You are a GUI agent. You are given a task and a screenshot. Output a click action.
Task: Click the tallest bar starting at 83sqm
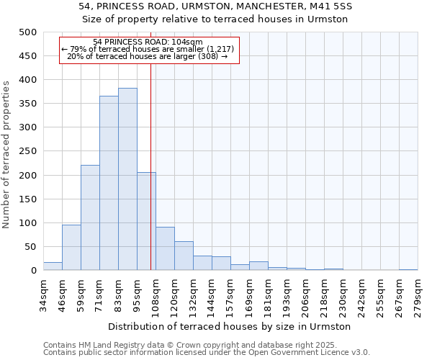[x=127, y=179]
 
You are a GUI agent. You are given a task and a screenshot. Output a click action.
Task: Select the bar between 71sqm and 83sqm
[x=109, y=183]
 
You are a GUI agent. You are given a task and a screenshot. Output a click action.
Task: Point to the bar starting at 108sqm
[x=165, y=249]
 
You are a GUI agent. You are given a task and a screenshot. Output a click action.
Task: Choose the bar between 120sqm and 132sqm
[x=184, y=256]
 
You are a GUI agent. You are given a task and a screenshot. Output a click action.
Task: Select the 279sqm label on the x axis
[x=418, y=296]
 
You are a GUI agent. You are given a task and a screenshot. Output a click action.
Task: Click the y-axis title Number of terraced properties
[x=6, y=154]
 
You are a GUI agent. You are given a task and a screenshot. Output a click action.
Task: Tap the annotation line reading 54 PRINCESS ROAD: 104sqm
[x=148, y=42]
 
